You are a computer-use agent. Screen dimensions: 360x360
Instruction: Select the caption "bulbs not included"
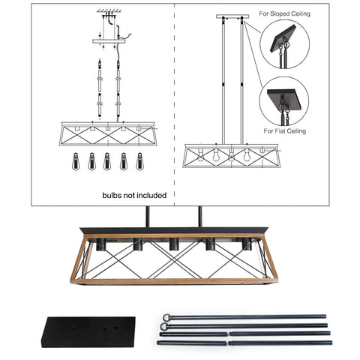pos(134,195)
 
